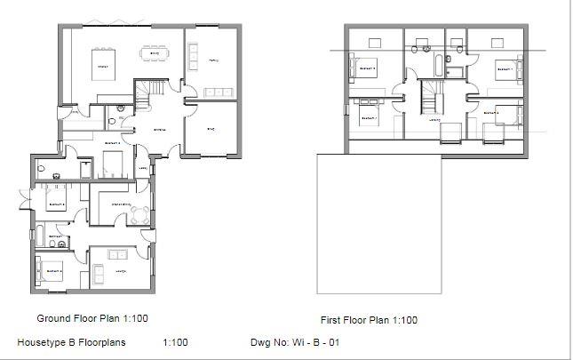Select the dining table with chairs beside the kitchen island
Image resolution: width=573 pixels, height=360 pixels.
pos(155,53)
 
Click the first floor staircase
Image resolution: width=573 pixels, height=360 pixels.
pos(433,93)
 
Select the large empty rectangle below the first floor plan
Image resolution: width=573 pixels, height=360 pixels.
pos(379,224)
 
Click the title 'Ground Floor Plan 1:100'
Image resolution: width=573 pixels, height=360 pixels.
pos(92,318)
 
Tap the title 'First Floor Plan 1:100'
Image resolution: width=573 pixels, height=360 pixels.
pos(369,320)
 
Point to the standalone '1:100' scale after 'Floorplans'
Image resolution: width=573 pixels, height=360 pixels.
pos(176,342)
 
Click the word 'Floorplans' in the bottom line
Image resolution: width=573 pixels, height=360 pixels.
pos(101,342)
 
